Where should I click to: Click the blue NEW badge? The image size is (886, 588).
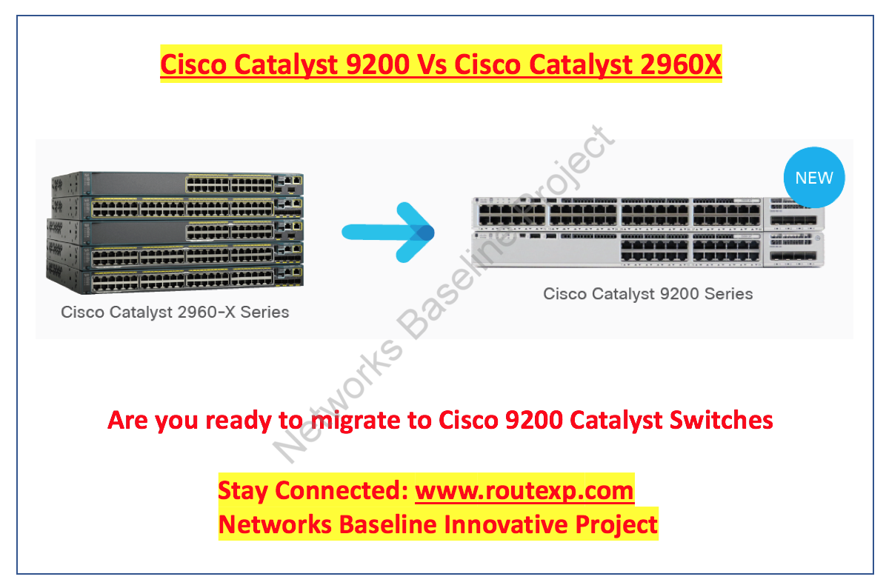(813, 178)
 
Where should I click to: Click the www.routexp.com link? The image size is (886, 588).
(524, 490)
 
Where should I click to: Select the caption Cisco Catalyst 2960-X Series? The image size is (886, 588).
(175, 312)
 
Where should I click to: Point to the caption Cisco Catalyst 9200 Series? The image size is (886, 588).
(647, 294)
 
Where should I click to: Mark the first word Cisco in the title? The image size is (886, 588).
(193, 64)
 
